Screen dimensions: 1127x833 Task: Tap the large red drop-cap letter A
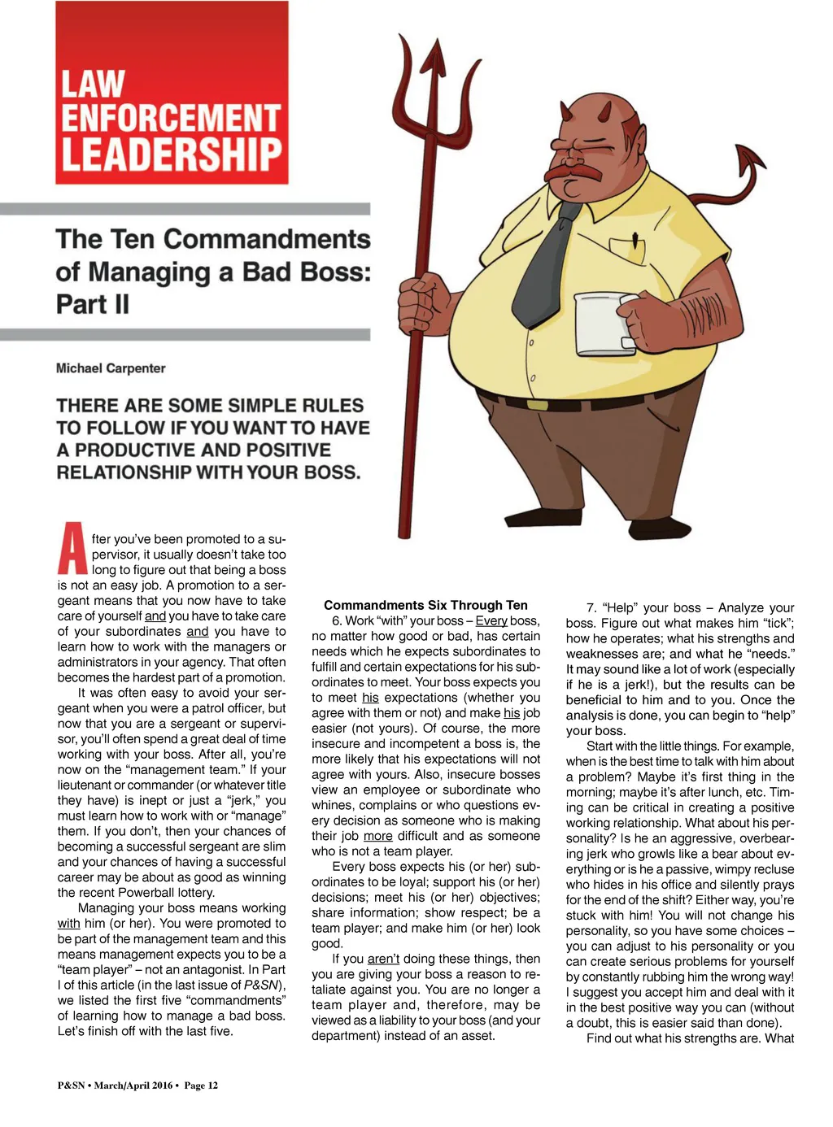[x=72, y=550]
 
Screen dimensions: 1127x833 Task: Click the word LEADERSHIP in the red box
[x=171, y=155]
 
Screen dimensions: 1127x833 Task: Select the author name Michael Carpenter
[x=111, y=368]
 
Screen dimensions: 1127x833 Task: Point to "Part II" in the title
[x=93, y=304]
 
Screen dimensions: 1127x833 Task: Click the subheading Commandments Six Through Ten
[x=425, y=605]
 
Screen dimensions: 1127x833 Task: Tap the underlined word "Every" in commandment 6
[x=491, y=620]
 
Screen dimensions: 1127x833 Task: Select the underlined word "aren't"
[x=383, y=959]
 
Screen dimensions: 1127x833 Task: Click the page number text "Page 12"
[x=201, y=1085]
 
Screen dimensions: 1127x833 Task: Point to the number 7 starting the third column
[x=591, y=607]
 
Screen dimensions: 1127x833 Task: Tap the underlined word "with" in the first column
[x=68, y=923]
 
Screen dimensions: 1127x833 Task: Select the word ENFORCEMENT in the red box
[x=171, y=119]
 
